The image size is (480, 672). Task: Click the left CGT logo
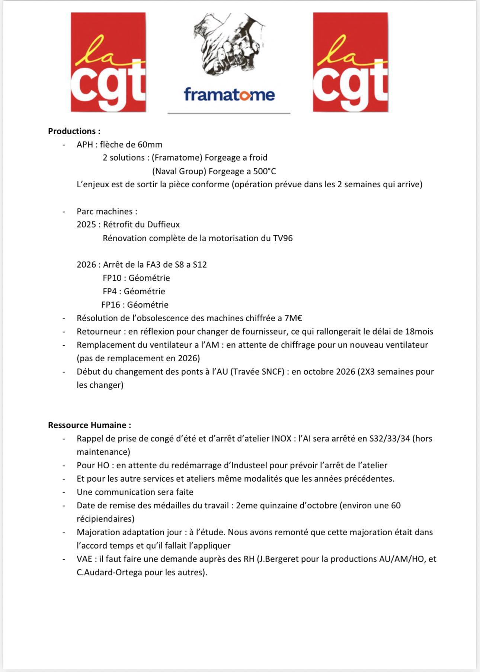[108, 62]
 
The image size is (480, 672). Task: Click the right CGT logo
[350, 62]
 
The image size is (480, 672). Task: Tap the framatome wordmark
[229, 94]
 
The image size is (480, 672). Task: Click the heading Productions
[74, 131]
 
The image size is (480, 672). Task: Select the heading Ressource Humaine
[89, 425]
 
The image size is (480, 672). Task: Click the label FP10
[112, 278]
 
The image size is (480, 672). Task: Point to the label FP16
[111, 305]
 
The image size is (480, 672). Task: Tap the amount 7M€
[293, 318]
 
